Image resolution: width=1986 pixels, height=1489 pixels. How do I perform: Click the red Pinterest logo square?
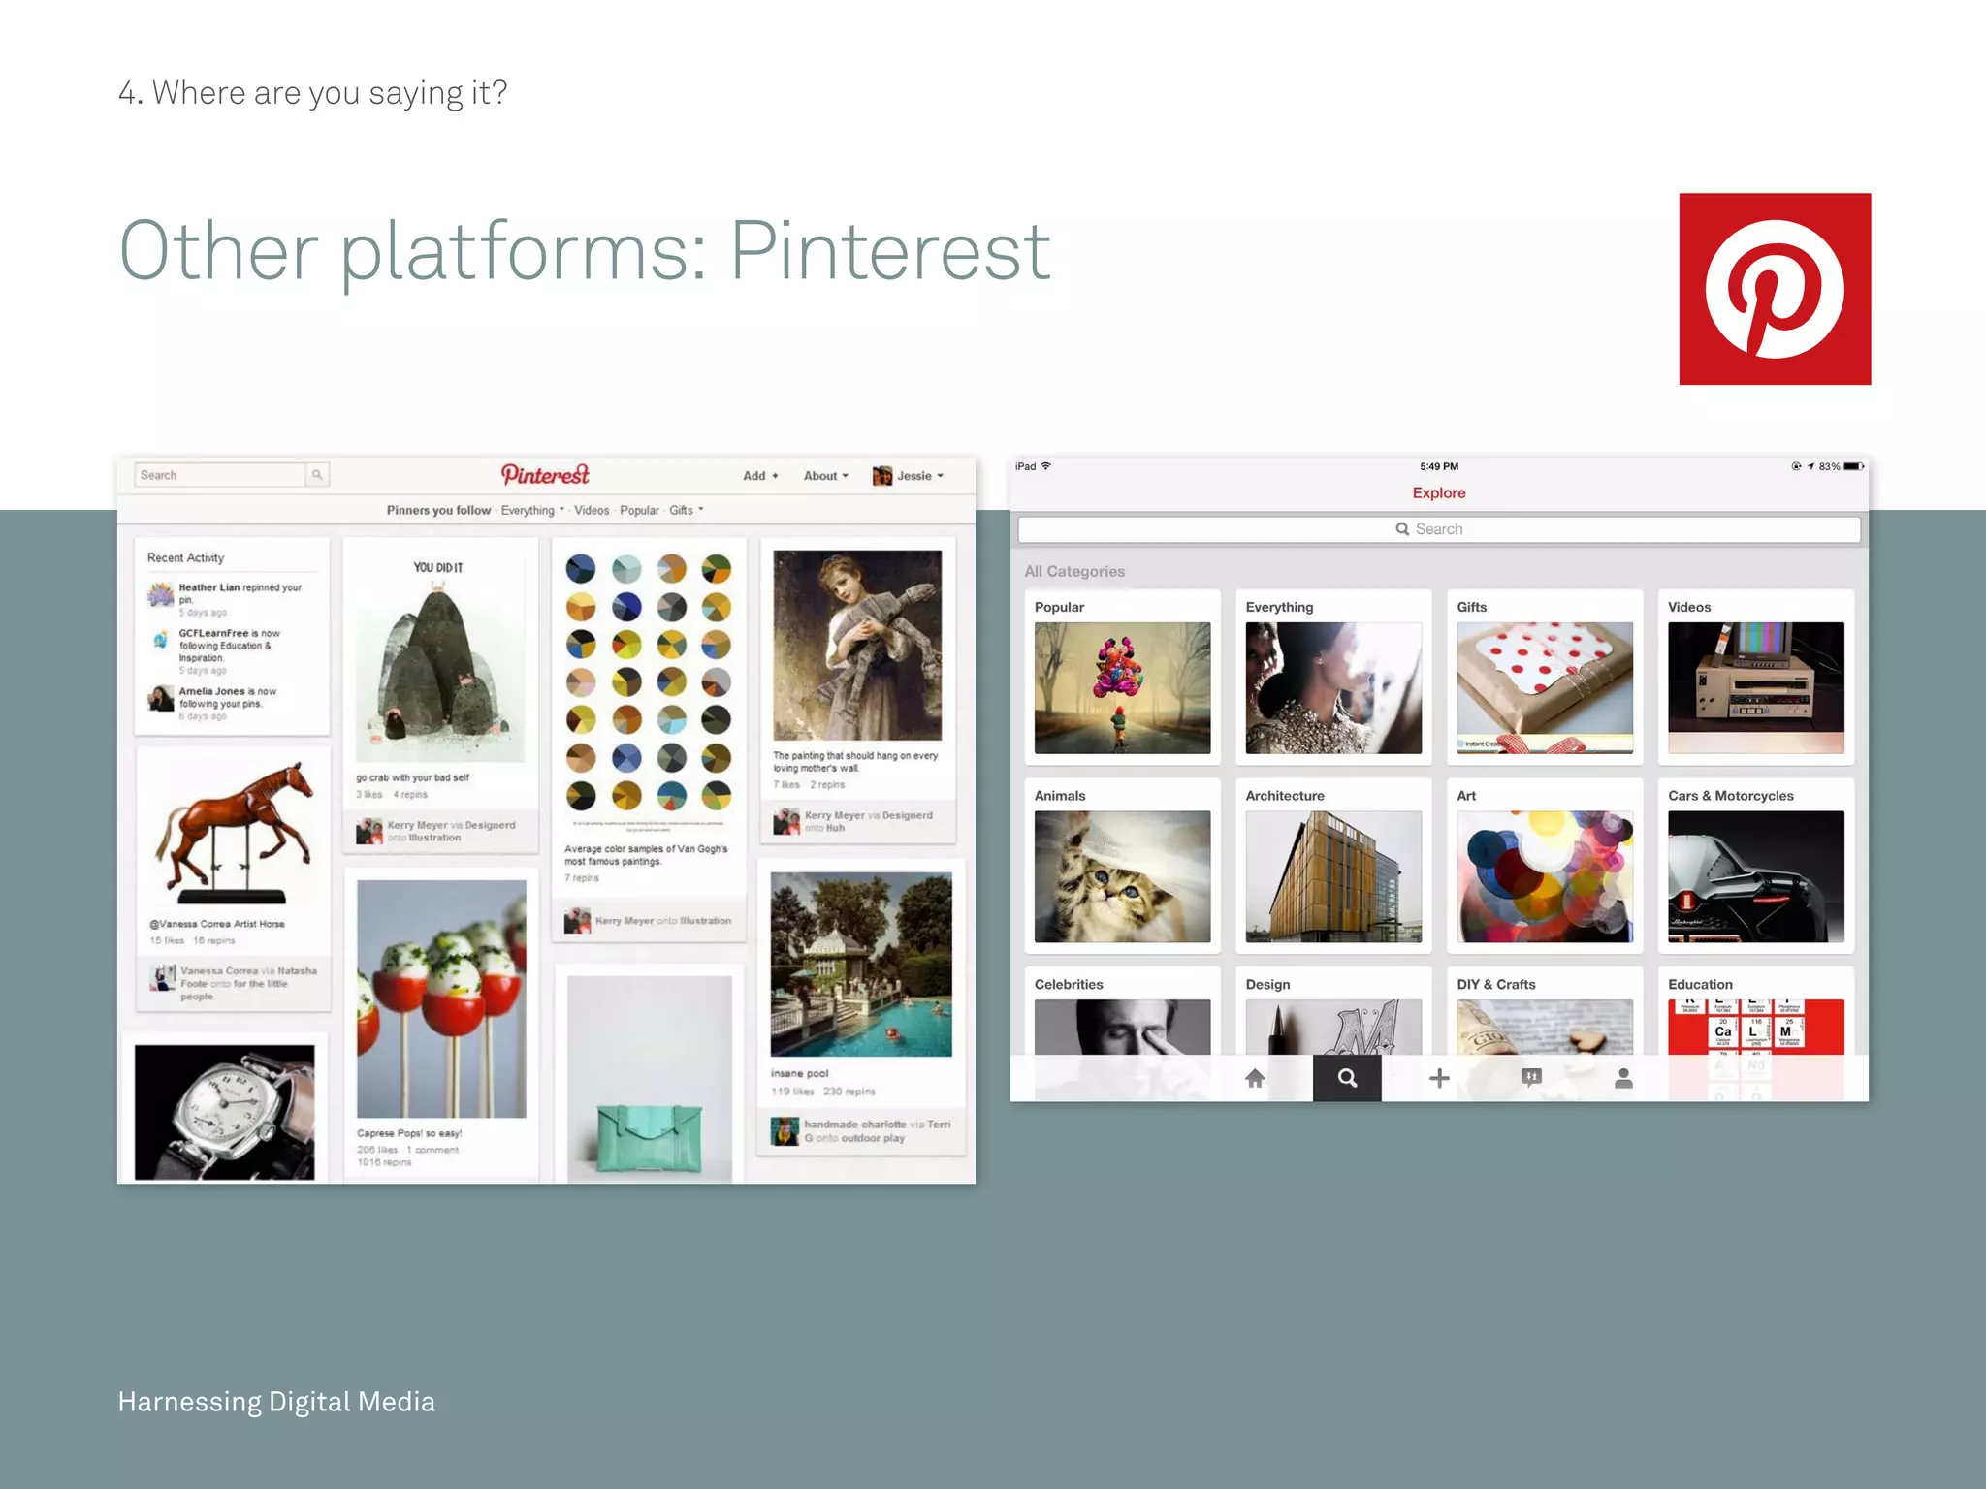tap(1775, 289)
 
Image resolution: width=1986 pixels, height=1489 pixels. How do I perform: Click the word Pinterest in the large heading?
tap(889, 251)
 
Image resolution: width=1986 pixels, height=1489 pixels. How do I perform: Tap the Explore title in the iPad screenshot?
tap(1438, 492)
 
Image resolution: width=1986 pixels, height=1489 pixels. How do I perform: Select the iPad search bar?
tap(1438, 529)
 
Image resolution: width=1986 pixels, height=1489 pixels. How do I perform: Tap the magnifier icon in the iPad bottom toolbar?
tap(1347, 1078)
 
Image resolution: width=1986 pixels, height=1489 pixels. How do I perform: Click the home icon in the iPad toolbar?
tap(1255, 1078)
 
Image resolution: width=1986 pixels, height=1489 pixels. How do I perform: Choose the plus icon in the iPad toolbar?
tap(1439, 1078)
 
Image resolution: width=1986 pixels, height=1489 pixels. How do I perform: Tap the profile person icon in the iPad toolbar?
tap(1623, 1078)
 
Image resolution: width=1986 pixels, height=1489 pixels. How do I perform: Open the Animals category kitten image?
tap(1122, 876)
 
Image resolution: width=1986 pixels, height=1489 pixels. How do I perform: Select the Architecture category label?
tap(1285, 796)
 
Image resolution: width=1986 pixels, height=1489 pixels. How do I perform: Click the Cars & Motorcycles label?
tap(1730, 796)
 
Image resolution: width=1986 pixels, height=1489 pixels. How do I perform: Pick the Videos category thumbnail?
tap(1755, 687)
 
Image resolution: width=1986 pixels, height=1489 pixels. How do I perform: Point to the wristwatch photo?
tap(225, 1112)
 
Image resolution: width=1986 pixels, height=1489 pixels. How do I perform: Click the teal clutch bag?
tap(649, 1135)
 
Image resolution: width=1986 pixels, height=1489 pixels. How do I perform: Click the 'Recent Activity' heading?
tap(185, 558)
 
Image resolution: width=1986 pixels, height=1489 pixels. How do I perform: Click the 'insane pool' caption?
tap(799, 1073)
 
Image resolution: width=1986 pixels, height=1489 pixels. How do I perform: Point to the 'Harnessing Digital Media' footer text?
tap(276, 1402)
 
